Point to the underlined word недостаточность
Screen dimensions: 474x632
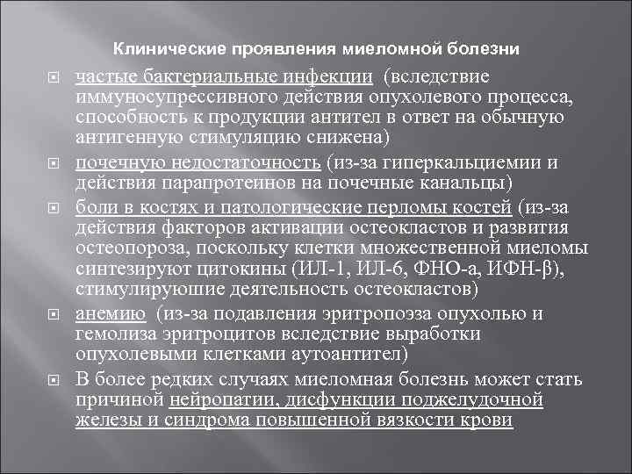[245, 163]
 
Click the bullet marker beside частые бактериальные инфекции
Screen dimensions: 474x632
[52, 77]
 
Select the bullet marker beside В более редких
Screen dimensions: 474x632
[52, 381]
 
